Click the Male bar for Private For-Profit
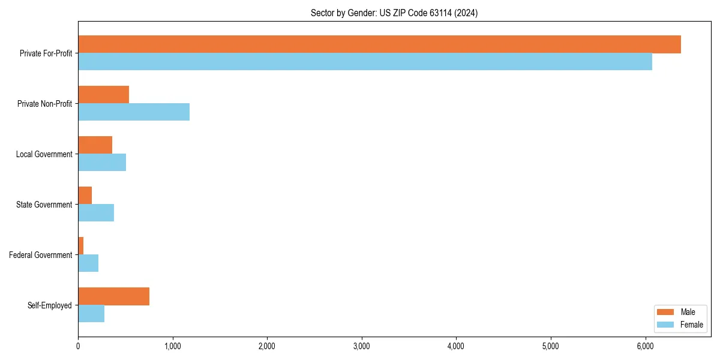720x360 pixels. (x=379, y=44)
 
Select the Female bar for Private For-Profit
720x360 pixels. (x=365, y=62)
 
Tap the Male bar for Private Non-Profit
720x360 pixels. (x=103, y=95)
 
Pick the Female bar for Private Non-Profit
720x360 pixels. (x=134, y=112)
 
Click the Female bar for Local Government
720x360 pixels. (x=102, y=163)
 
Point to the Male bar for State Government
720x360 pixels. (x=85, y=196)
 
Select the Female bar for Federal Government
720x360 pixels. (x=88, y=263)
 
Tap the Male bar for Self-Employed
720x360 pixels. (x=113, y=296)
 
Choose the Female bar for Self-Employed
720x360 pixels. (x=91, y=314)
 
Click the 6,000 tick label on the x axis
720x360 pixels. (x=645, y=346)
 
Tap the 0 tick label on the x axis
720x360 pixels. (x=78, y=346)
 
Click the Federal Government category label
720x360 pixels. (x=41, y=255)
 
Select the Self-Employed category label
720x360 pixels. (x=50, y=305)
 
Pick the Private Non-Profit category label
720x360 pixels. (x=44, y=104)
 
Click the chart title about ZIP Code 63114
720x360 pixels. (x=394, y=13)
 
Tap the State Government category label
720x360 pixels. (x=44, y=205)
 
